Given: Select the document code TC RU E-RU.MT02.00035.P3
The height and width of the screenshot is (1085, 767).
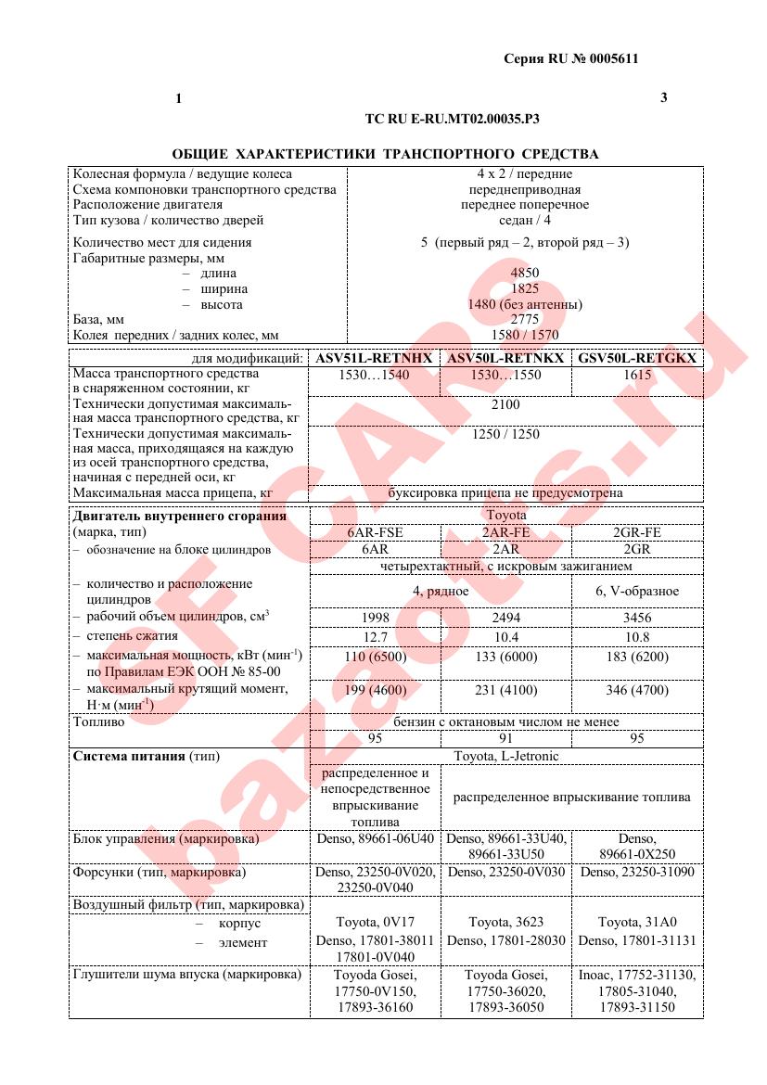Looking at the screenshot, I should click(452, 120).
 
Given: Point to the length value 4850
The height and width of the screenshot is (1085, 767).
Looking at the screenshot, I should click(524, 274).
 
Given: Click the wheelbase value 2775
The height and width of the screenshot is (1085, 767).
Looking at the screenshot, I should click(524, 319).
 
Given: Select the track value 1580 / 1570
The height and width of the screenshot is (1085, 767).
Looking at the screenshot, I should click(524, 335).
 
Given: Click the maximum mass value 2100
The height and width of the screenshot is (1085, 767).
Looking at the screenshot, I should click(505, 404).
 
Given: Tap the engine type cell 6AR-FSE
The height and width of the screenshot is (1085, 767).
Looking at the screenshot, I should click(375, 532).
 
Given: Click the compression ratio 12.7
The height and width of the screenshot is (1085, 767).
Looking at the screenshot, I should click(375, 637).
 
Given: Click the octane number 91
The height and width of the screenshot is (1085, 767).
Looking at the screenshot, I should click(505, 739).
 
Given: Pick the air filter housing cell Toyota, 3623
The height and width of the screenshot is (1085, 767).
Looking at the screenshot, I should click(505, 923).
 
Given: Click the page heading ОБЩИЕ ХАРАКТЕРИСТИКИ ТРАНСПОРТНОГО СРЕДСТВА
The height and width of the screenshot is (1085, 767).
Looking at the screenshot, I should click(385, 154).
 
